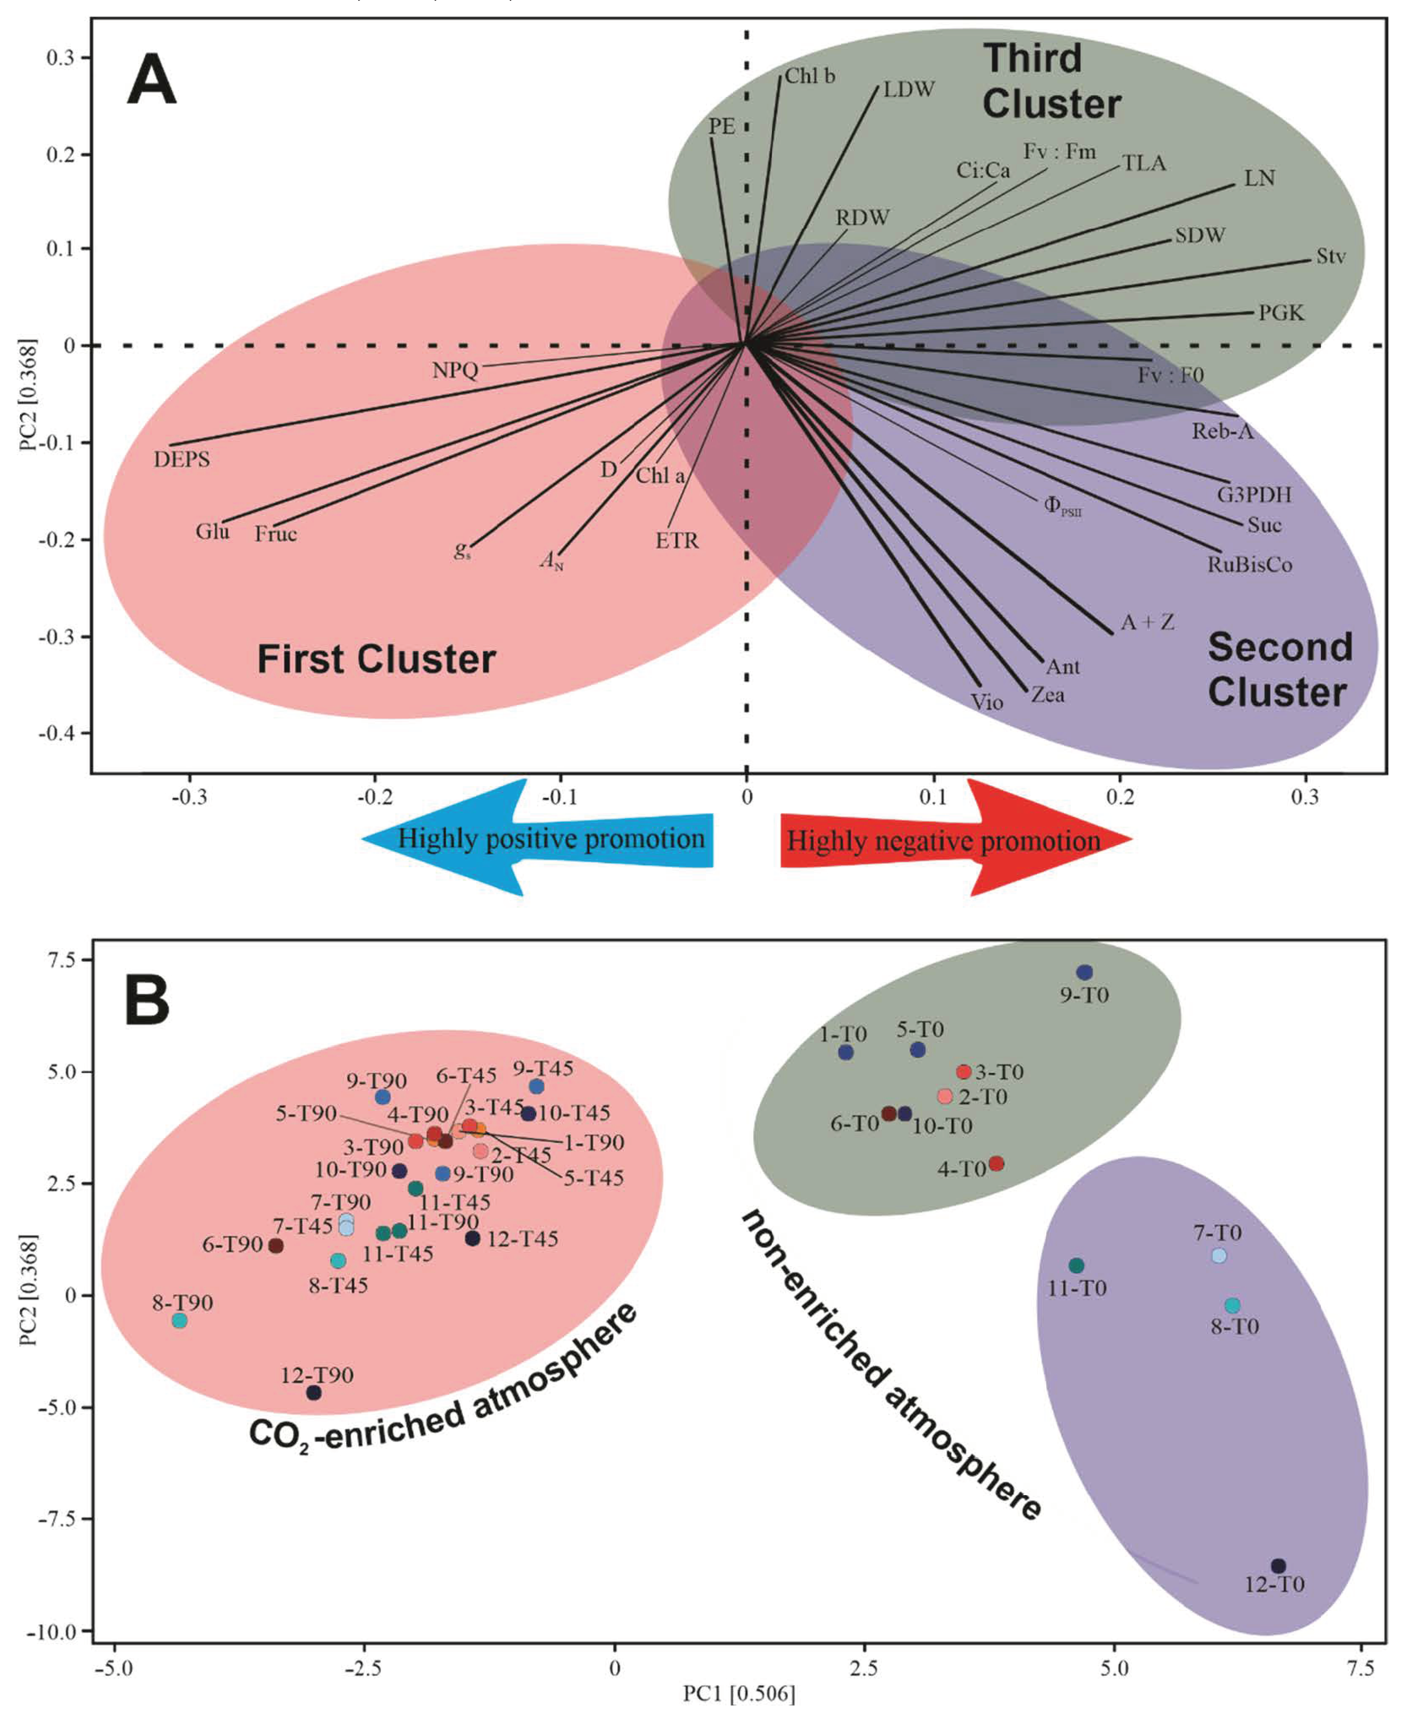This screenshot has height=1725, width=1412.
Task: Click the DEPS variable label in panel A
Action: [x=181, y=459]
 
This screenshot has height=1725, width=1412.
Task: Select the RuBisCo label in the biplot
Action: [x=1249, y=564]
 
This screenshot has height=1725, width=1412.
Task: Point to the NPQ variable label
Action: [x=455, y=371]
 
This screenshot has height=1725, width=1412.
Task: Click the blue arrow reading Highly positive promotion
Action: [x=538, y=839]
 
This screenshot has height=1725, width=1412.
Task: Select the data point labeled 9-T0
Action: [x=1084, y=973]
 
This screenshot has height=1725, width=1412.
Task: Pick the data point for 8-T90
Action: [x=180, y=1321]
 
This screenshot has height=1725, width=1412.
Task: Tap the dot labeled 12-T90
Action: [x=314, y=1392]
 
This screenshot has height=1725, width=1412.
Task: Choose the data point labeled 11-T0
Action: [x=1076, y=1266]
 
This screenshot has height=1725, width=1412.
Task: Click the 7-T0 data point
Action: [x=1219, y=1256]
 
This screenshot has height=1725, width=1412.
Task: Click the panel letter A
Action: [x=151, y=80]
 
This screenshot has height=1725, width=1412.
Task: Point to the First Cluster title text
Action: [x=376, y=659]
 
